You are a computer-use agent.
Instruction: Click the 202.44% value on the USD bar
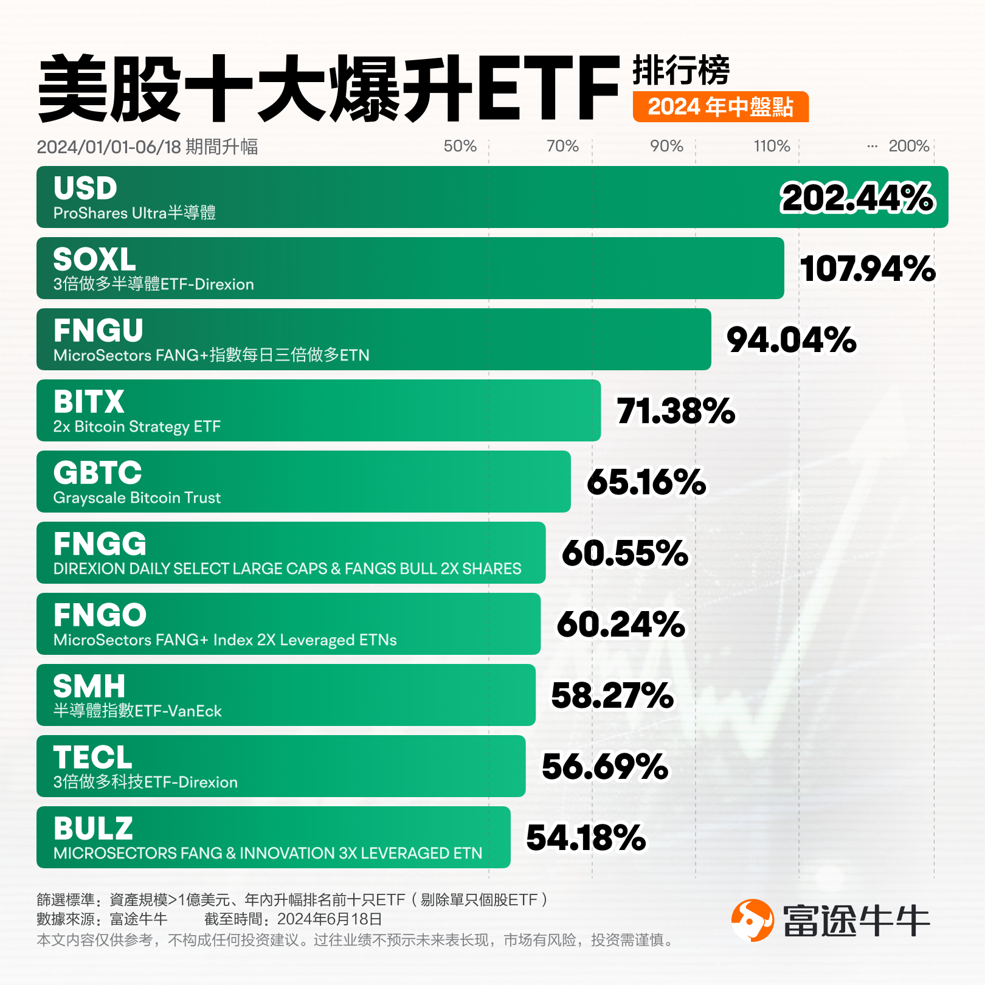(857, 198)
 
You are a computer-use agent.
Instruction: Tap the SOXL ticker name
(94, 260)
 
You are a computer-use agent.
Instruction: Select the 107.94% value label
(868, 269)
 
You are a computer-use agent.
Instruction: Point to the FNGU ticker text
(98, 331)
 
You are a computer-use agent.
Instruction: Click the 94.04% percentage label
(792, 340)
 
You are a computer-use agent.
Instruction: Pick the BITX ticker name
(89, 402)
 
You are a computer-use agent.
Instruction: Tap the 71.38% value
(676, 411)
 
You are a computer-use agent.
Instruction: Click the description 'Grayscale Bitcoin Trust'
(137, 498)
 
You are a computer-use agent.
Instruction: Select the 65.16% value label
(646, 482)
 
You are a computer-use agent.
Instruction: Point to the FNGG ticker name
(100, 544)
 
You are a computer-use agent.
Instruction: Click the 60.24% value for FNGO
(621, 624)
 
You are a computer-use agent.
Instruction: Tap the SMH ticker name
(89, 686)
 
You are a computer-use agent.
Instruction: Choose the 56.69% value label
(605, 767)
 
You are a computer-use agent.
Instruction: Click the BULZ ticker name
(93, 829)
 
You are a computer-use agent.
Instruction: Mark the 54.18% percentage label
(586, 838)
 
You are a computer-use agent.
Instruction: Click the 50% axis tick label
(460, 146)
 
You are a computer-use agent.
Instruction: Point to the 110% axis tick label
(772, 146)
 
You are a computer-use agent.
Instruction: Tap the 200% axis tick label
(908, 146)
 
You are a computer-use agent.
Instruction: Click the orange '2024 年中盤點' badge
(721, 107)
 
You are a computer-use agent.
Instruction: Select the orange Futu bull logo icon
(752, 921)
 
